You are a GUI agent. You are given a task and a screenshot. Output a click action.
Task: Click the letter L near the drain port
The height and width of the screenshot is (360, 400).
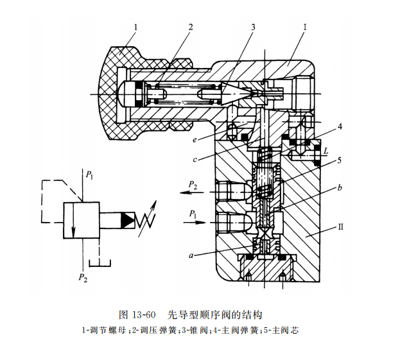(x=326, y=151)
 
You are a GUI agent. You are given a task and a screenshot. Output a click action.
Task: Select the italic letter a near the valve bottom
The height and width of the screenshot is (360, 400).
(x=191, y=255)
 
